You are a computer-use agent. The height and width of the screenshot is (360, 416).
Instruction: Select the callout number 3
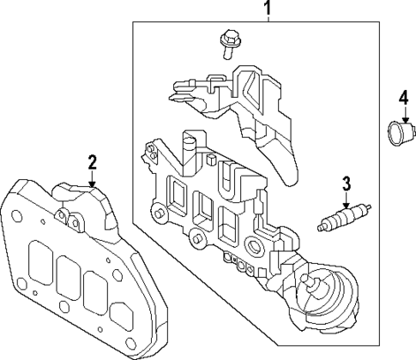point(347,183)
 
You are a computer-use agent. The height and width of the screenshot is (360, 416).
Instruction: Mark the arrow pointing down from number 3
point(347,201)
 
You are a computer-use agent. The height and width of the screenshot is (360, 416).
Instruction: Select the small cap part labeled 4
point(397,133)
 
